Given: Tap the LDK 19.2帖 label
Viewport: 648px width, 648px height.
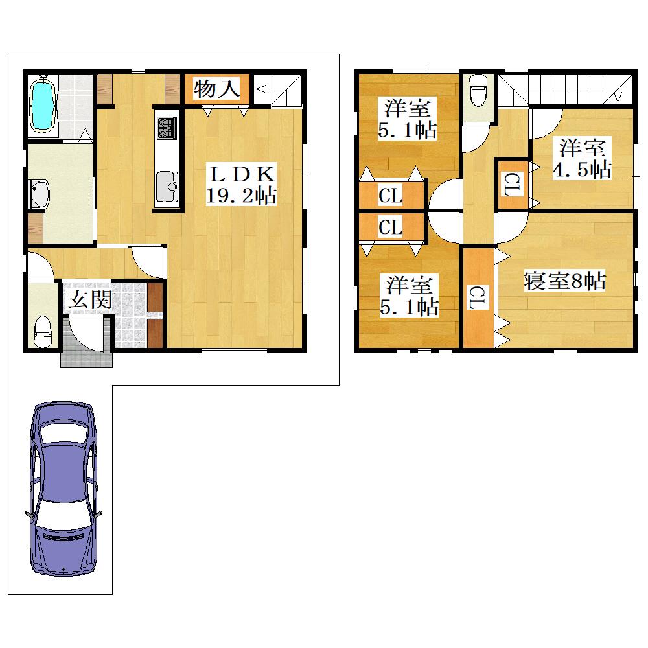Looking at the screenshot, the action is pos(242,184).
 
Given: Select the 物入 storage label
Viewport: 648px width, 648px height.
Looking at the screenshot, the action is pos(216,89).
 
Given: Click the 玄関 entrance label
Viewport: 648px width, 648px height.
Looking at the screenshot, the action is pos(89,299).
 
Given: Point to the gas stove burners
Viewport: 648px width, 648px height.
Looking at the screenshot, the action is pos(167,128).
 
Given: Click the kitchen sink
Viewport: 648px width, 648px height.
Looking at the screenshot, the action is pos(167,186).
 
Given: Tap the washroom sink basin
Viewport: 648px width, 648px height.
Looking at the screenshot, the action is pos(40,194).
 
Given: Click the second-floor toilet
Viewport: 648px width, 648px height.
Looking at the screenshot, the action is pos(479,91).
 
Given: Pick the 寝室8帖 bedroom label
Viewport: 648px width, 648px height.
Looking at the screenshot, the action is pos(564,281).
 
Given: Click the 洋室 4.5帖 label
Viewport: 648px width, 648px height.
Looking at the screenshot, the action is pos(583,159).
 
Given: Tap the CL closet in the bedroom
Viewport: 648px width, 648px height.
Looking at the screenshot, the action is pos(479,297).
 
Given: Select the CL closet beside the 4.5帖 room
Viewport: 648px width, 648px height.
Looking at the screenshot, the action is pos(513,184).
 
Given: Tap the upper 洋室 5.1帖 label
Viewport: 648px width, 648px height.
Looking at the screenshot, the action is pos(407,119).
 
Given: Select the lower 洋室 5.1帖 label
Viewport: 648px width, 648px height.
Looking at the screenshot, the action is pos(409,296).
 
